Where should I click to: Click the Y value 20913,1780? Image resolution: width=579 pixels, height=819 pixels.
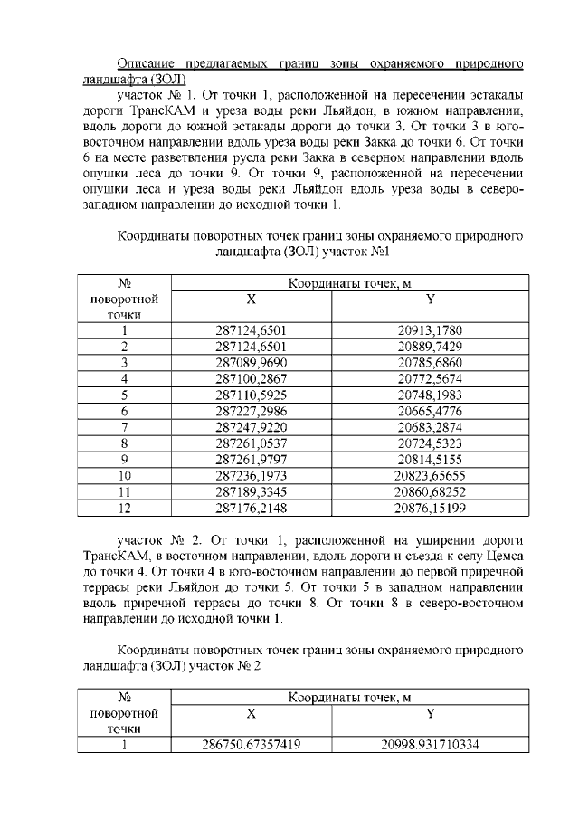click(430, 330)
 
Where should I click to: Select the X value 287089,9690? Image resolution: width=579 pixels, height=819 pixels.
click(251, 363)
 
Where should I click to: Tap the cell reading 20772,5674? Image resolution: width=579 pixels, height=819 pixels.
click(430, 379)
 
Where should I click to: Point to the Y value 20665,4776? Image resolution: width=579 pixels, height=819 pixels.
click(430, 412)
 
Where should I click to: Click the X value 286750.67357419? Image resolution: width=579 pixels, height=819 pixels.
click(251, 746)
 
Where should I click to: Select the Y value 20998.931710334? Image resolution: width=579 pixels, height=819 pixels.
click(430, 746)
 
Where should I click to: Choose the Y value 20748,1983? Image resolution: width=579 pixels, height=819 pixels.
click(430, 395)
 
